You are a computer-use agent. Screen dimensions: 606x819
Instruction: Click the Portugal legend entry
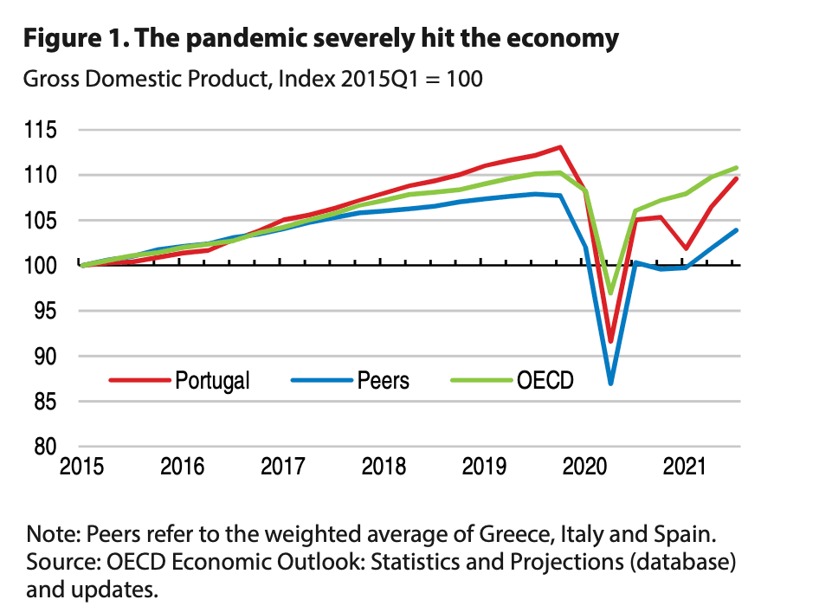[211, 380]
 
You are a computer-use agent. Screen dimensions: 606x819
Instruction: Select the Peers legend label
[383, 380]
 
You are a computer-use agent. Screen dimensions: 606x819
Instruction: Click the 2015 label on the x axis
[83, 467]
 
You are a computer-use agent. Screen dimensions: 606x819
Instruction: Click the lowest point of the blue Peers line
[611, 383]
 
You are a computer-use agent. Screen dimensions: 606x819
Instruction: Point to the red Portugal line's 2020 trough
[611, 341]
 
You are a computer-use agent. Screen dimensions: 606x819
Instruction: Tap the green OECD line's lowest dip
[611, 293]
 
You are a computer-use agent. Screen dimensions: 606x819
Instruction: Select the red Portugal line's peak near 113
[561, 147]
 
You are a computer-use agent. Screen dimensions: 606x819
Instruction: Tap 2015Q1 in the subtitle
[376, 79]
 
